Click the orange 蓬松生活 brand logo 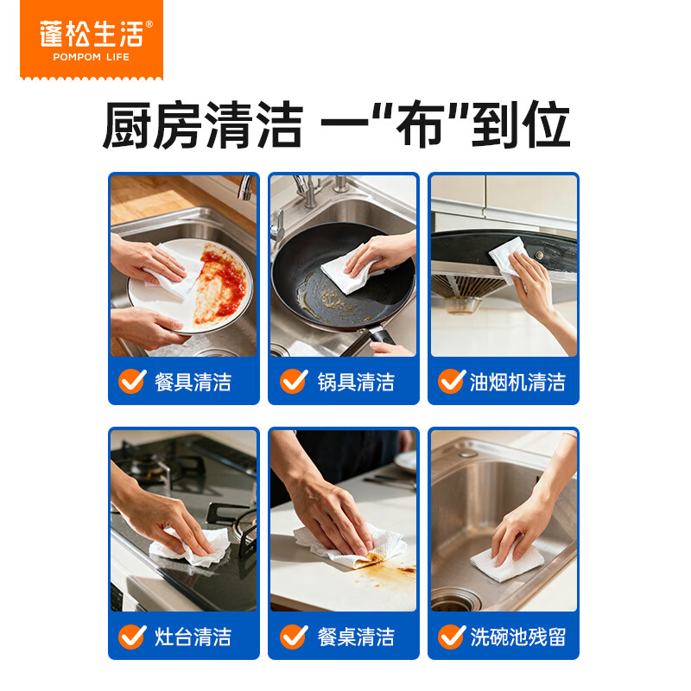click(x=92, y=40)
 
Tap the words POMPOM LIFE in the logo click(x=92, y=57)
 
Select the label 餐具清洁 click(x=193, y=382)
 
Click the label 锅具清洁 click(x=356, y=382)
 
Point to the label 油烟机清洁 click(x=517, y=382)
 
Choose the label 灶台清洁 click(x=193, y=637)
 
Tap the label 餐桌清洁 click(x=356, y=637)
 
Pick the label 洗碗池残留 click(x=517, y=637)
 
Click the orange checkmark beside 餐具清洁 click(x=132, y=381)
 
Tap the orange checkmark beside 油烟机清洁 click(x=451, y=381)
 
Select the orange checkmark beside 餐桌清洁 click(x=294, y=636)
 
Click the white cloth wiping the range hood click(x=508, y=259)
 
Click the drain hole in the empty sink click(x=455, y=600)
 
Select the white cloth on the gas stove click(x=190, y=547)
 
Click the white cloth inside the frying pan click(x=349, y=269)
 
